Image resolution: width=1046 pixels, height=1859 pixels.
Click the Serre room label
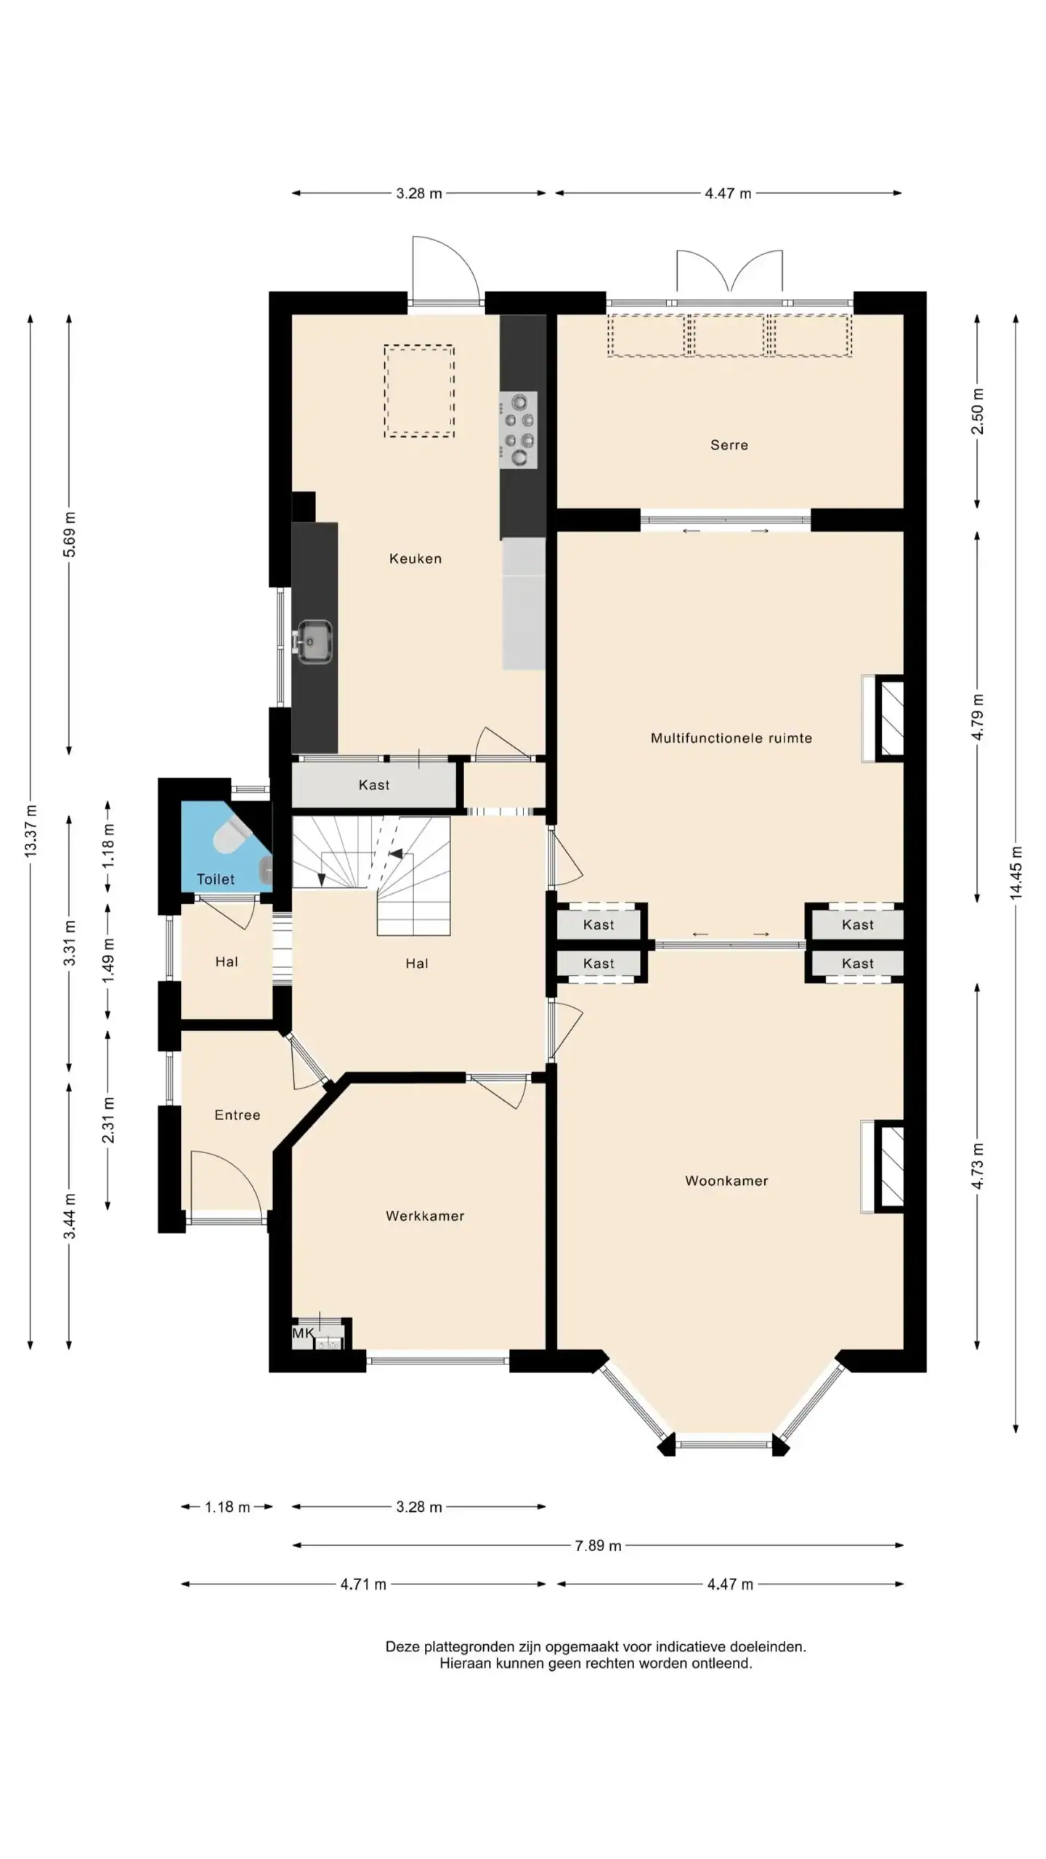tap(729, 445)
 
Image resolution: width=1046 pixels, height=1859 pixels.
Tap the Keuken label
tap(415, 558)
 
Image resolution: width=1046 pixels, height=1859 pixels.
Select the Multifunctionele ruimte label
tap(731, 739)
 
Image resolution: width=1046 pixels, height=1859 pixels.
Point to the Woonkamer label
tap(726, 1181)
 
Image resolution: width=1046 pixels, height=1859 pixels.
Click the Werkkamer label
tap(425, 1216)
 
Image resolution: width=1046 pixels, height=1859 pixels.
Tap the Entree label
tap(237, 1115)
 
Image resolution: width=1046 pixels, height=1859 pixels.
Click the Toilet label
tap(215, 879)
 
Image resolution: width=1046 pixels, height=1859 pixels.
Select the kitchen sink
tap(313, 642)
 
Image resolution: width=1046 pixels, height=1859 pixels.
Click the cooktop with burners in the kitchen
tap(518, 430)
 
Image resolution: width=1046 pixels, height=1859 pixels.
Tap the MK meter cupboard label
tap(303, 1333)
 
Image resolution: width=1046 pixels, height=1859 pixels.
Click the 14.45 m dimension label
tap(1015, 873)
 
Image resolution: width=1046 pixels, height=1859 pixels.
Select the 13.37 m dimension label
tap(31, 831)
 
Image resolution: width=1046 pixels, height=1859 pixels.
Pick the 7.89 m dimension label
tap(598, 1546)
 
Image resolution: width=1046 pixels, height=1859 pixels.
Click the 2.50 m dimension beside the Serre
tap(977, 411)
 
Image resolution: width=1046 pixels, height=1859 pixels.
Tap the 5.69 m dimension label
tap(69, 534)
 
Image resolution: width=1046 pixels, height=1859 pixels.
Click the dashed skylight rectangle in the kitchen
tap(419, 391)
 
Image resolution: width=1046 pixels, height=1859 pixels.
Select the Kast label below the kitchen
tap(374, 785)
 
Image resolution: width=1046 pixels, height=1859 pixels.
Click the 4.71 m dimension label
tap(363, 1585)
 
